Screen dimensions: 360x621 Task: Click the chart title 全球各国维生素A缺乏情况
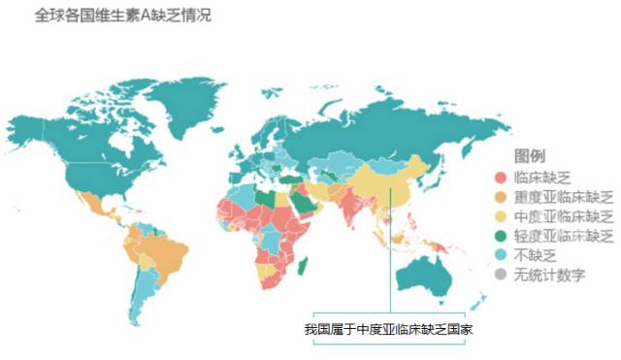pyautogui.click(x=124, y=16)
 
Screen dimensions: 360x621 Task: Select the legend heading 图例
pyautogui.click(x=529, y=156)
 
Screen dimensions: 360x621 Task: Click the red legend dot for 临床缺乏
pyautogui.click(x=500, y=178)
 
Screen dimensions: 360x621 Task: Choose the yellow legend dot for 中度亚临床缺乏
pyautogui.click(x=500, y=216)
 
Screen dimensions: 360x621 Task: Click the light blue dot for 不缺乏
pyautogui.click(x=500, y=255)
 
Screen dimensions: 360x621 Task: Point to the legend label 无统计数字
pyautogui.click(x=549, y=275)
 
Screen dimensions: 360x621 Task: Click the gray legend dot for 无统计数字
pyautogui.click(x=500, y=275)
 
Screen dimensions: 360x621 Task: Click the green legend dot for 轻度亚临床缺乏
pyautogui.click(x=500, y=236)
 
